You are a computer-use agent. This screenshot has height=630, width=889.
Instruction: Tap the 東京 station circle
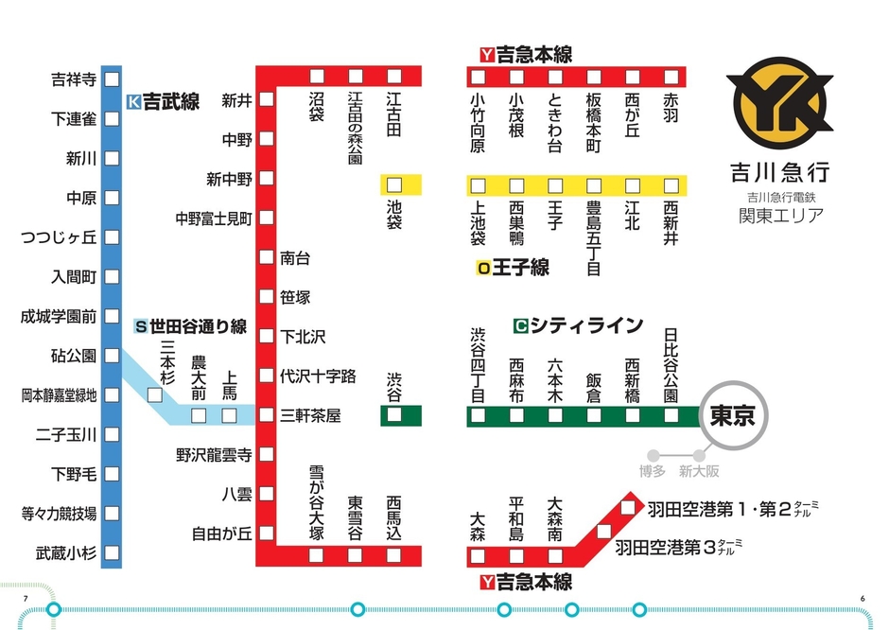tap(732, 415)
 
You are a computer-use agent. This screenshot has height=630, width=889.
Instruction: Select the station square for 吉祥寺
tap(112, 79)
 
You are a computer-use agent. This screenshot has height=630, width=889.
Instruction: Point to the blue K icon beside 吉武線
tap(133, 101)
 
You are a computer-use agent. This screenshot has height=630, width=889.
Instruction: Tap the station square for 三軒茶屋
tap(267, 415)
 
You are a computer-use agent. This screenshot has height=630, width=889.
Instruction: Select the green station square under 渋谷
tap(394, 415)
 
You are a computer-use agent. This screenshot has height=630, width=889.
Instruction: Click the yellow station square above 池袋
tap(394, 184)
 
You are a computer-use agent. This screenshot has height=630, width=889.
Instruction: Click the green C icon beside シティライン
tap(519, 326)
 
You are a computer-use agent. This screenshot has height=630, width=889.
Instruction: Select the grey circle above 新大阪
tap(700, 455)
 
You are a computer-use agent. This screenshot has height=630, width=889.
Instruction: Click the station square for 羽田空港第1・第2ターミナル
tap(628, 509)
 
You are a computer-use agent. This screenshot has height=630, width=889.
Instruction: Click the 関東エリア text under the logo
tap(780, 216)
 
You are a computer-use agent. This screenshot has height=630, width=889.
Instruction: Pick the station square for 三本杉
tap(154, 396)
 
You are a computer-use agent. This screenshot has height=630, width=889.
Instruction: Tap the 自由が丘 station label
tap(221, 534)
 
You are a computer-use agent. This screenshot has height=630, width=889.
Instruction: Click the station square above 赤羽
tap(671, 77)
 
